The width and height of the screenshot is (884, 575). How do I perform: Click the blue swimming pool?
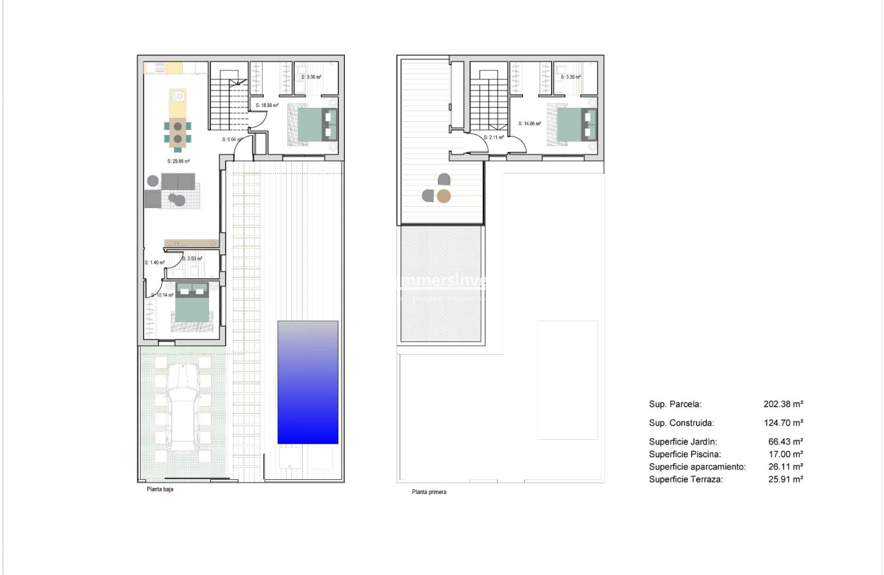[307, 382]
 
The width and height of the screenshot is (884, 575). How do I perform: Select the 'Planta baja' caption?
[161, 489]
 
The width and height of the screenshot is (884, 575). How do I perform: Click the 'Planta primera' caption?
[429, 492]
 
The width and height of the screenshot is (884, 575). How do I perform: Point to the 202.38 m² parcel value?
[783, 404]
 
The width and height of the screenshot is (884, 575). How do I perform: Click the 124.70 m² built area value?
[783, 423]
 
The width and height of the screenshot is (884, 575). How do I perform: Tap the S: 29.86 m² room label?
[178, 161]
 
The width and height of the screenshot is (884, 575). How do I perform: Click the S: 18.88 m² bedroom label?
[267, 106]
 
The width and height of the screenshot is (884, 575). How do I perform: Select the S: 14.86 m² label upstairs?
[530, 123]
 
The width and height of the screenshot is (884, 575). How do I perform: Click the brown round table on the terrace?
[444, 196]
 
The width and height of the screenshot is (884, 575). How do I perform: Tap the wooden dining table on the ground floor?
[177, 133]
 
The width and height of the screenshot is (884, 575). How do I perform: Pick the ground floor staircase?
[229, 104]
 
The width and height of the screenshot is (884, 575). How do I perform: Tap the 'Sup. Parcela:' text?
[675, 404]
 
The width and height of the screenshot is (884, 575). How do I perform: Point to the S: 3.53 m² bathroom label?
[192, 258]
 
